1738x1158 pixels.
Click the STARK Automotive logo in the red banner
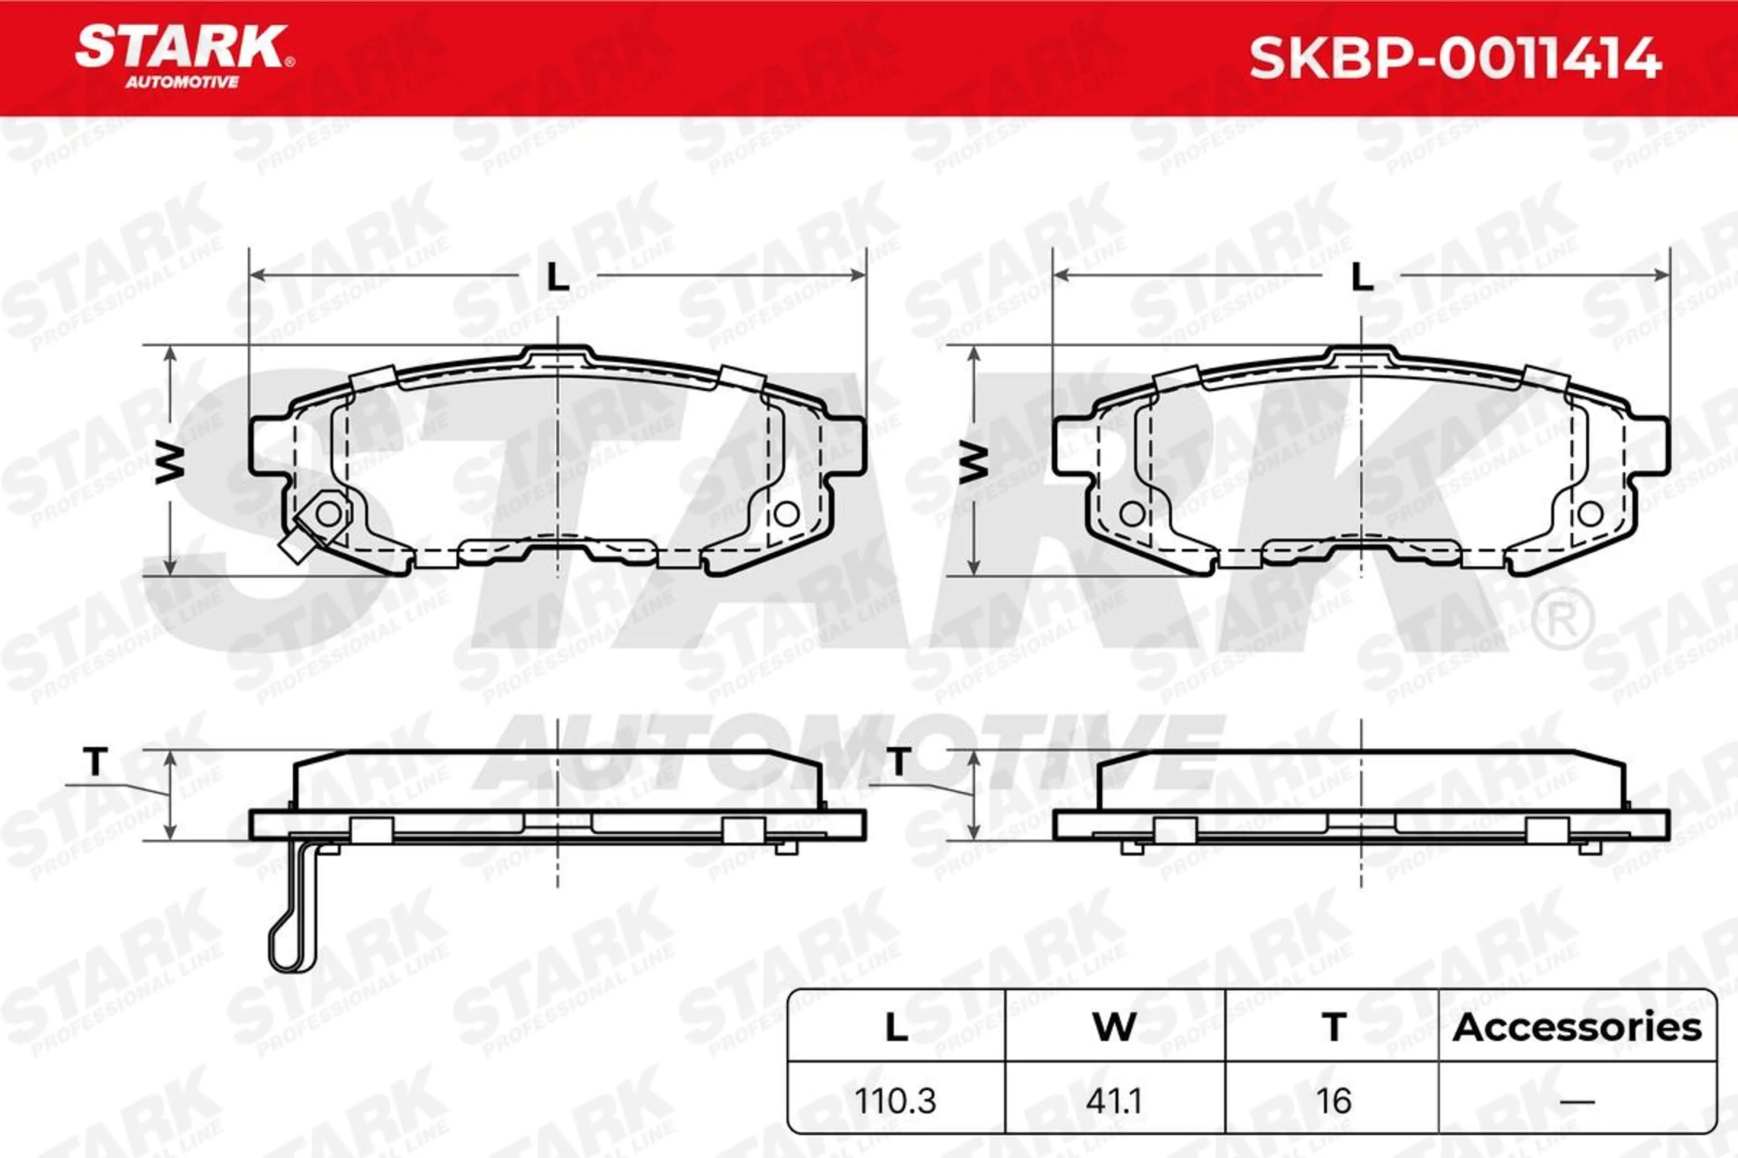185,57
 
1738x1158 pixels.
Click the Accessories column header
1577,1027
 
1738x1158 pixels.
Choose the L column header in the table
896,1027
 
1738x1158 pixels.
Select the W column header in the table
1114,1027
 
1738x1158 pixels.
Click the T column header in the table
1334,1027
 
